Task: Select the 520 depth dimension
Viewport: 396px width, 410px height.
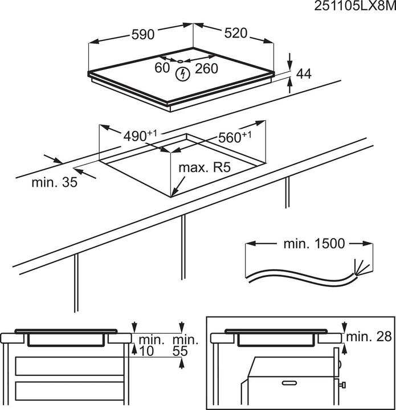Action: point(235,33)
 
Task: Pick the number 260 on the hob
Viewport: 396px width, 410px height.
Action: point(207,69)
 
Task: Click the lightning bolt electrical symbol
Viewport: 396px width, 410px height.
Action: point(183,73)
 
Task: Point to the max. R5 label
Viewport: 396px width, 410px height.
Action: point(205,169)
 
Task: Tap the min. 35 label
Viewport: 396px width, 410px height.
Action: point(55,183)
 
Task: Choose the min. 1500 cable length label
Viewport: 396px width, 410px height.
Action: point(314,244)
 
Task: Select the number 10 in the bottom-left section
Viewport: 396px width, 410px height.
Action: point(146,351)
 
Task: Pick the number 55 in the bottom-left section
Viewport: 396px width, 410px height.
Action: point(180,351)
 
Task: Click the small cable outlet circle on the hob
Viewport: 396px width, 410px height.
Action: point(179,61)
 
